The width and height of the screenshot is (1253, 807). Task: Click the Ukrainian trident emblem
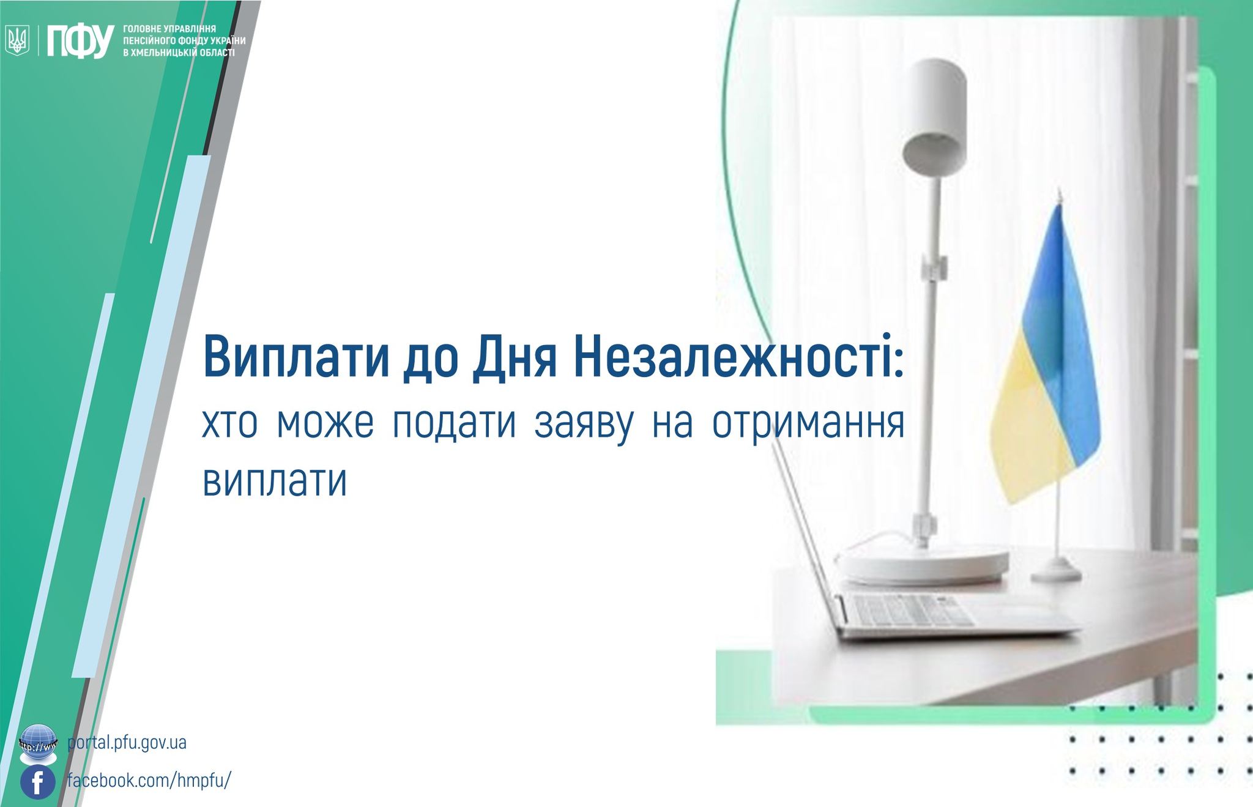[17, 42]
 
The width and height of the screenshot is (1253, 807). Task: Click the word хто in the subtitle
[230, 423]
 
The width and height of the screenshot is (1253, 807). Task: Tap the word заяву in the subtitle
[584, 424]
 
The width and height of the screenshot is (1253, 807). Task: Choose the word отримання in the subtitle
[808, 424]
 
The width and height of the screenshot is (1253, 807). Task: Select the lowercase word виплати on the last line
[275, 481]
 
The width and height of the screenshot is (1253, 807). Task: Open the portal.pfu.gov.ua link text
[127, 743]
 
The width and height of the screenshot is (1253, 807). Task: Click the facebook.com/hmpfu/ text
[149, 781]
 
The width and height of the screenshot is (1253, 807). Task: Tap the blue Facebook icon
[38, 782]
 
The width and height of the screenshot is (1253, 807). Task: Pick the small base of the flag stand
[1056, 574]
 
